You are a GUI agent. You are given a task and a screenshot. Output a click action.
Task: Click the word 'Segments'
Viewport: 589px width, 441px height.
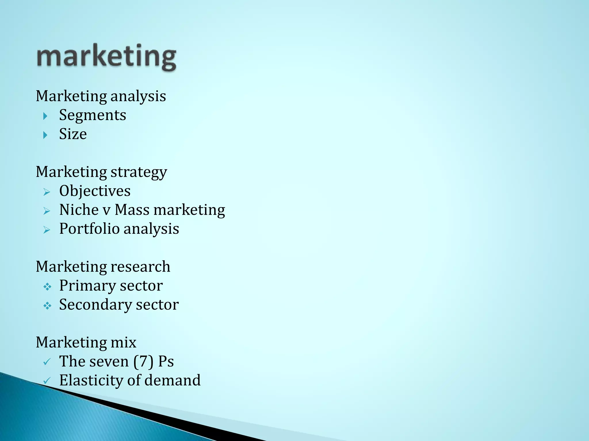(x=93, y=115)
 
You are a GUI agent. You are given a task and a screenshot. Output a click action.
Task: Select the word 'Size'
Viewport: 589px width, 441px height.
(x=73, y=134)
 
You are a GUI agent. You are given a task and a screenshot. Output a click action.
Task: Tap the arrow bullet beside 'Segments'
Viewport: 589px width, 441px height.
(x=45, y=116)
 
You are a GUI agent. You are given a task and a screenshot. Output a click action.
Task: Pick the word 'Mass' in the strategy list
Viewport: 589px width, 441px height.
(x=132, y=210)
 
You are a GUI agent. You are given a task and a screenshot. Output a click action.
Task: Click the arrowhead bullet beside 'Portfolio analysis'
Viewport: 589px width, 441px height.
(x=47, y=230)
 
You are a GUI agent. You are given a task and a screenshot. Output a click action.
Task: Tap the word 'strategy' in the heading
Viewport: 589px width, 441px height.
(x=139, y=172)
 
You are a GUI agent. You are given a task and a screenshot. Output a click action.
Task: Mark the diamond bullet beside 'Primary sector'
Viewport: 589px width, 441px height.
(x=47, y=287)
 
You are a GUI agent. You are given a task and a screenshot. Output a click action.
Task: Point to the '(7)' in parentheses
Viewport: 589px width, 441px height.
(x=143, y=361)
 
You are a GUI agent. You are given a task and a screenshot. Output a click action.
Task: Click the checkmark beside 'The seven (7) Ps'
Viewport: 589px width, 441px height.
(x=47, y=362)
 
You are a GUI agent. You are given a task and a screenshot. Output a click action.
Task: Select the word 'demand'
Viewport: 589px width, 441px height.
(x=172, y=380)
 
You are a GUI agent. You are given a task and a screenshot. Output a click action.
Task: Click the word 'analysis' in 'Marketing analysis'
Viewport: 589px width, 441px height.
(x=138, y=96)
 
